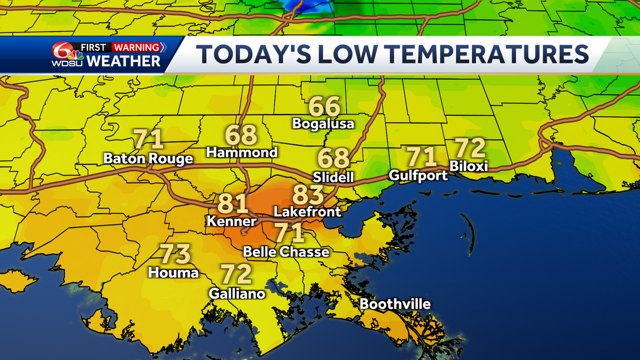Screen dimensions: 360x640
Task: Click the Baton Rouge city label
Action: click(148, 159)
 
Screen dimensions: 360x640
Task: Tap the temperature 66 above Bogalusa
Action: click(324, 107)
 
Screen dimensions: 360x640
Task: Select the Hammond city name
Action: click(242, 153)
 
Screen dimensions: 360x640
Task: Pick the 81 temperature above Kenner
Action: click(233, 204)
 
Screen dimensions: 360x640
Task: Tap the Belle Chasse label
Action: click(286, 252)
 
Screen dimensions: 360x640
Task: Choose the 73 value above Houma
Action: click(175, 255)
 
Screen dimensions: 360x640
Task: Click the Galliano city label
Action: click(237, 293)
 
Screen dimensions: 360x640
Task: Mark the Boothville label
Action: click(395, 304)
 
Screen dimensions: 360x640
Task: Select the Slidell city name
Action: click(334, 177)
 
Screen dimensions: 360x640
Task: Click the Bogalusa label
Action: click(323, 124)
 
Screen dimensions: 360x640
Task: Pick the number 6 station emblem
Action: click(63, 53)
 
